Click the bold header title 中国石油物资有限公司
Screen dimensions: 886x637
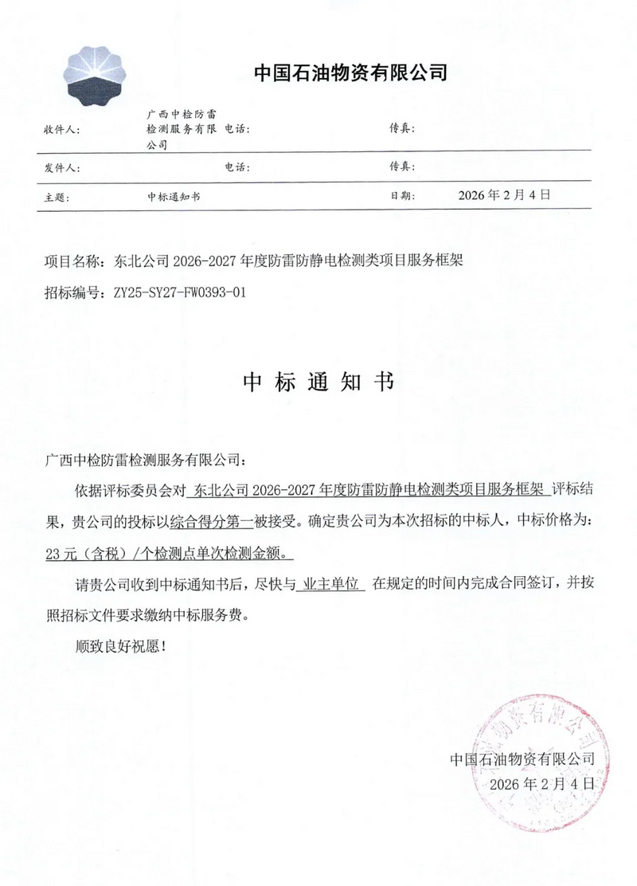tap(350, 73)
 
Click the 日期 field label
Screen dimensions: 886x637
tap(402, 196)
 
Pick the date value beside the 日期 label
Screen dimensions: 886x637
tap(505, 195)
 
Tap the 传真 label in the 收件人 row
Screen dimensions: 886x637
tap(402, 129)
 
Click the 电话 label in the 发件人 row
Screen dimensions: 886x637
tap(238, 169)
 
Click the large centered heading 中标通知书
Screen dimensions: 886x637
tap(318, 382)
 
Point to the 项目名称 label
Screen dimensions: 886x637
tap(74, 261)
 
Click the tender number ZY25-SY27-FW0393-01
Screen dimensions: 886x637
tap(180, 292)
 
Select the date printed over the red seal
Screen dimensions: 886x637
tap(542, 783)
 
